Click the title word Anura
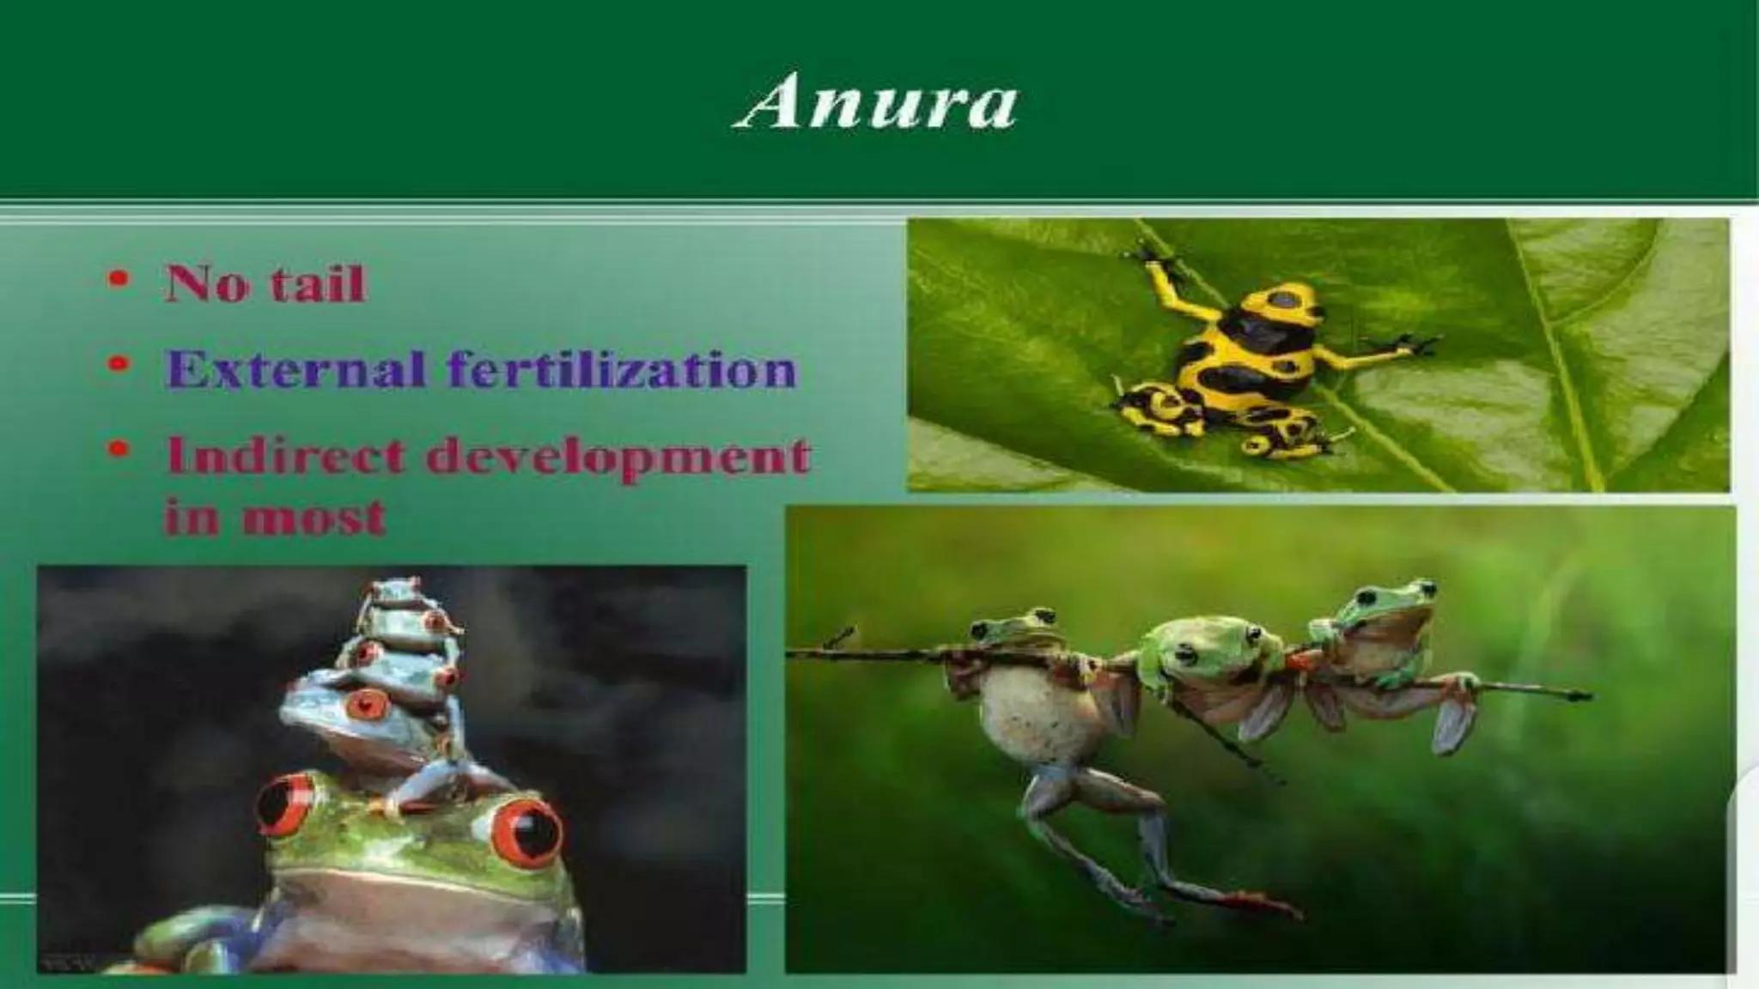[x=875, y=104]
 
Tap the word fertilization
[x=622, y=370]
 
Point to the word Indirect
[x=284, y=455]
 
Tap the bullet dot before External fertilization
[x=123, y=366]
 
